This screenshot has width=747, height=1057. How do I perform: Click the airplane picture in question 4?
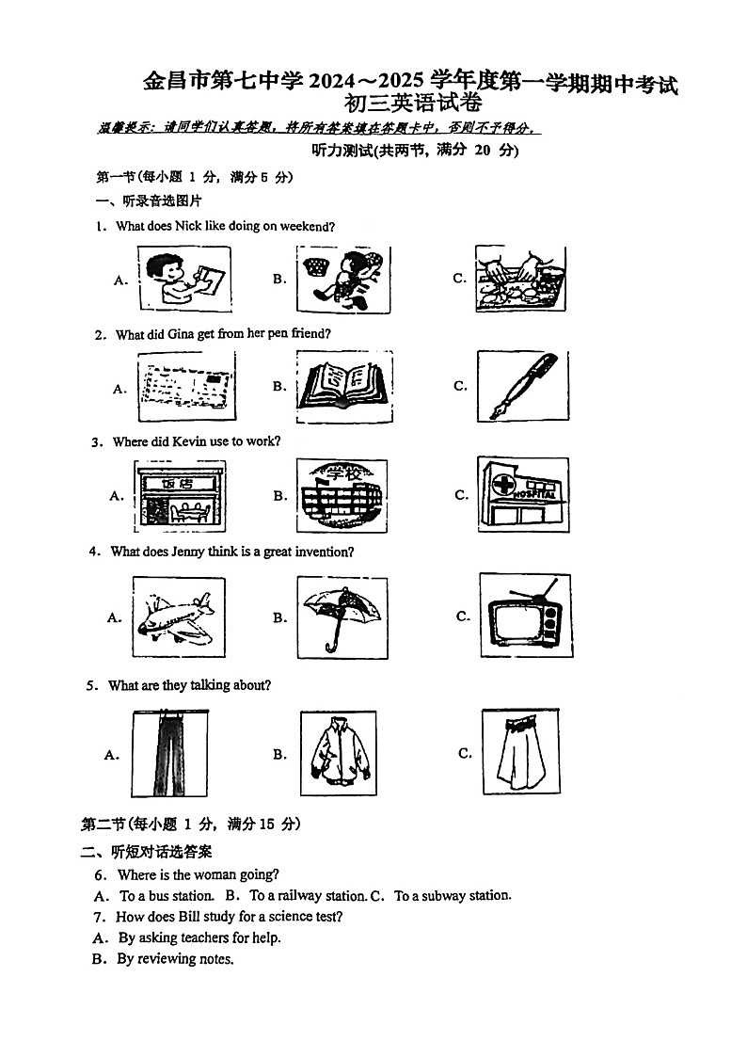(x=178, y=617)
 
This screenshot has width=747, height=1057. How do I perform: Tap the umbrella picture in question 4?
(x=342, y=615)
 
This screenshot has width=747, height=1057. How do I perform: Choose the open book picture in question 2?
(x=344, y=384)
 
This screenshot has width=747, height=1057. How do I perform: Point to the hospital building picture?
(x=523, y=495)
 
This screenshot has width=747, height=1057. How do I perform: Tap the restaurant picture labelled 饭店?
(x=182, y=495)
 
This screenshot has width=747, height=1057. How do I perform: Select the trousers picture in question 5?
(x=172, y=754)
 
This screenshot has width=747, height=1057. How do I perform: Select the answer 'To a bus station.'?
(x=167, y=896)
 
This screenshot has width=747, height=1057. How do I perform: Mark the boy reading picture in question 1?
(x=184, y=279)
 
